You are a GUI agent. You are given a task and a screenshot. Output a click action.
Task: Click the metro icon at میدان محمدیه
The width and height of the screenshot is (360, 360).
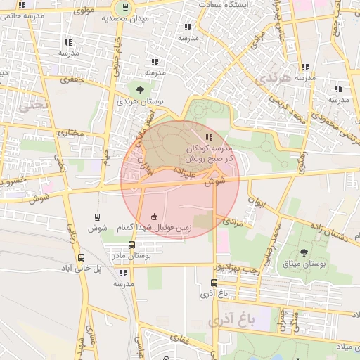coord(124,8)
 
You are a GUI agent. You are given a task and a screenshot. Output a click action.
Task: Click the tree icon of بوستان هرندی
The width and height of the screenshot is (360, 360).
coord(141,90)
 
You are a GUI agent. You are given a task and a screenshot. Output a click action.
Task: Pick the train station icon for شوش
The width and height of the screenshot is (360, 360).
coord(96,217)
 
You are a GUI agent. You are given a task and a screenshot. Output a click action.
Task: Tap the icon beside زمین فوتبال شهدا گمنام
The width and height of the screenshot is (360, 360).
coord(154,217)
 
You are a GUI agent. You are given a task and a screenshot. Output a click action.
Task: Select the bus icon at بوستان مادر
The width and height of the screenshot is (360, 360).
coord(131,245)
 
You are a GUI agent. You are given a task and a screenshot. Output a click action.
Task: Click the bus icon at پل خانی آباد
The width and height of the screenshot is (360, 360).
coord(81,257)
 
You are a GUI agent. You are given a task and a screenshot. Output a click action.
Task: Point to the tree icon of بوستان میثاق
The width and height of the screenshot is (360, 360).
coord(304,252)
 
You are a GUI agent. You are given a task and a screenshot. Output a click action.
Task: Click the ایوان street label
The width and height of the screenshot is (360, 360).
coord(256,206)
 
